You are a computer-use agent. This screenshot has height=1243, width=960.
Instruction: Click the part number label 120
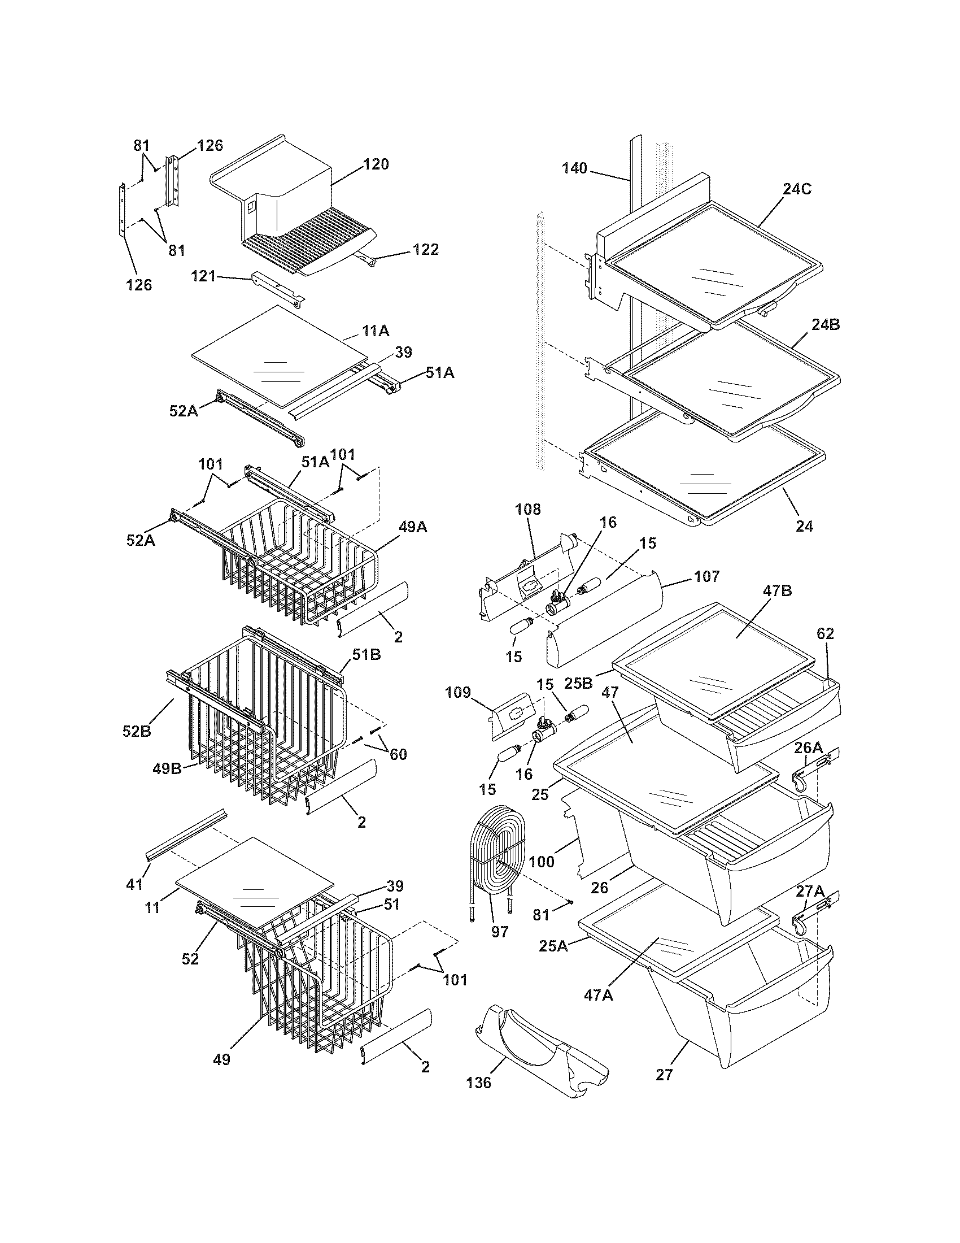click(376, 164)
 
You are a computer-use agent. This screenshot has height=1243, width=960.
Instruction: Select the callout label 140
click(574, 168)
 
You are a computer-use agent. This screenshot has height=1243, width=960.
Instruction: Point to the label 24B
click(825, 325)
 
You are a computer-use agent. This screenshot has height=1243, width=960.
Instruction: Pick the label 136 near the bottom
click(478, 1083)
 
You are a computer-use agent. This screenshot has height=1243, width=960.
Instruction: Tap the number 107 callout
click(706, 576)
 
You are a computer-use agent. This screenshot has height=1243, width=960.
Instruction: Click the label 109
click(459, 693)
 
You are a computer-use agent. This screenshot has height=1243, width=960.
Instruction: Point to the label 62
click(825, 633)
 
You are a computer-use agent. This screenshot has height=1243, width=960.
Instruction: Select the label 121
click(204, 277)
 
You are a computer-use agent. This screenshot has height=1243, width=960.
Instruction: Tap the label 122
click(425, 249)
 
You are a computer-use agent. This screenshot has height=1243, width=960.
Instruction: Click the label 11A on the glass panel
click(376, 331)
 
